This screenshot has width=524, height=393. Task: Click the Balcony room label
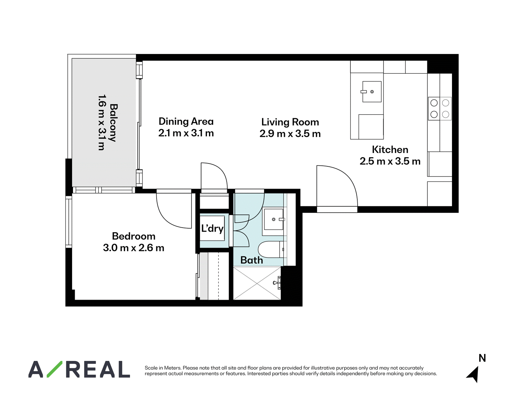113,123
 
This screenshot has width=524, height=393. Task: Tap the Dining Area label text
186,122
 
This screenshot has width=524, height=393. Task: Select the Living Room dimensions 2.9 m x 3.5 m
290,134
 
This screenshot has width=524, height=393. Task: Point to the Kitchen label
390,150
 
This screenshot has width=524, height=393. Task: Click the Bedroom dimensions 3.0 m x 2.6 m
133,248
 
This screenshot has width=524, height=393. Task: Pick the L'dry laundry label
212,229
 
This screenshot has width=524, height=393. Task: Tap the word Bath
252,260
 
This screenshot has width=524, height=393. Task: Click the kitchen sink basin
372,92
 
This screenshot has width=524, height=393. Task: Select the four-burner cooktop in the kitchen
440,109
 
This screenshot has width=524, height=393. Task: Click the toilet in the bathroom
271,250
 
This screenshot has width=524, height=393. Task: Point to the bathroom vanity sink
273,219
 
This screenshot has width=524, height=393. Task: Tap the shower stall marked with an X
257,283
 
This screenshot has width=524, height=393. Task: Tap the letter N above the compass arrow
482,358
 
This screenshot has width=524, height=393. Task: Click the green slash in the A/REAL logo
54,369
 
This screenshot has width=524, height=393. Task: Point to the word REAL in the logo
98,369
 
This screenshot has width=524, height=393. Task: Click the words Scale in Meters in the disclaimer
162,368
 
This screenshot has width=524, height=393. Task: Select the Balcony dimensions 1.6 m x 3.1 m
102,122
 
